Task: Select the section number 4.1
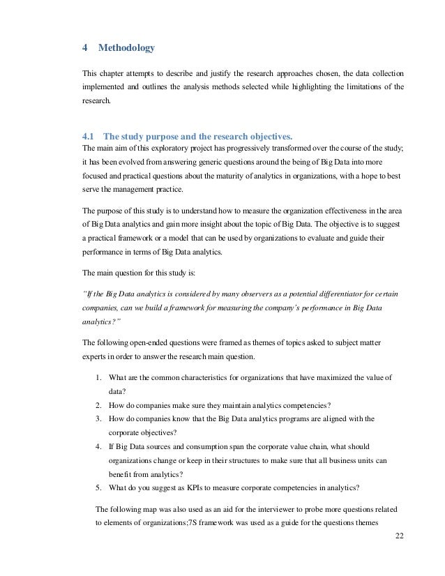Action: click(x=89, y=136)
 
